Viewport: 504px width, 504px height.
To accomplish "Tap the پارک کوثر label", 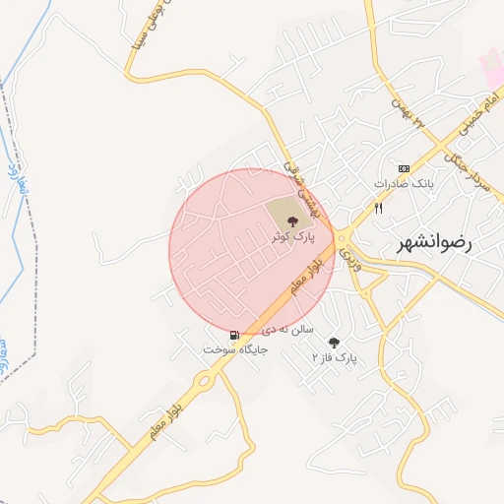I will [294, 237].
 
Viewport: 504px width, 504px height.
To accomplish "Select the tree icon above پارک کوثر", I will [293, 220].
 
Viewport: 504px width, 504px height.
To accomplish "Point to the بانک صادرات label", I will [403, 184].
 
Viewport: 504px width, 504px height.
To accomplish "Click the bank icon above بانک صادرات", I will [403, 169].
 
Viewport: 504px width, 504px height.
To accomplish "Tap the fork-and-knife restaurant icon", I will [378, 208].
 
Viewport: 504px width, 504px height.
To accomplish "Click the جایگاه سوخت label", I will [228, 349].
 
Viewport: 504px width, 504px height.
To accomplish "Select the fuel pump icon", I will [234, 335].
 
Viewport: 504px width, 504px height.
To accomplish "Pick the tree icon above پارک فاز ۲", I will [334, 343].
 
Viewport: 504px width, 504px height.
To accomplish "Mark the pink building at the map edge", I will [491, 65].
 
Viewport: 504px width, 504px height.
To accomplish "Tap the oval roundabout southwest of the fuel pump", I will [203, 380].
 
